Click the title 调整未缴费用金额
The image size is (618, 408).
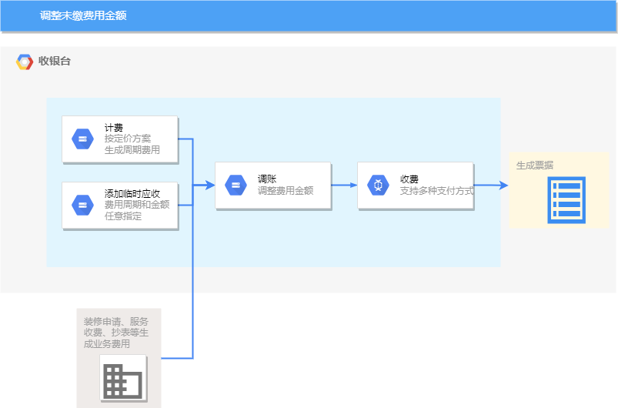(x=83, y=15)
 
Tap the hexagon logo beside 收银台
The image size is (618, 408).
(x=25, y=62)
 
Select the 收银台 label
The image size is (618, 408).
(x=55, y=61)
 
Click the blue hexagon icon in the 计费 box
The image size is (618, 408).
(x=82, y=139)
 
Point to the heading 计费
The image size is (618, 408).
(x=114, y=128)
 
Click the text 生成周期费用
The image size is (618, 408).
(x=132, y=150)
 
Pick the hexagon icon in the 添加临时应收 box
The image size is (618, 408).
(x=82, y=206)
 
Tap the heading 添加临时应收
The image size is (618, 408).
(x=132, y=194)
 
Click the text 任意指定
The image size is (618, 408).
(x=123, y=216)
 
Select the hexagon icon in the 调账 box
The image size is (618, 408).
(x=236, y=186)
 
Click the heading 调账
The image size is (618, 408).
(x=267, y=179)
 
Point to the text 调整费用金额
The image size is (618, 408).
(x=286, y=191)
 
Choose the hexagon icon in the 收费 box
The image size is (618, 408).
(x=378, y=186)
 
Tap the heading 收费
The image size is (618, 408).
(x=409, y=179)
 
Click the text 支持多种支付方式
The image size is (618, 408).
(x=436, y=191)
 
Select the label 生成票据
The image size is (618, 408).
(x=535, y=166)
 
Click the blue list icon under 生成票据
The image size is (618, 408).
(x=566, y=200)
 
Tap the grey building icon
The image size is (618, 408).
(x=123, y=380)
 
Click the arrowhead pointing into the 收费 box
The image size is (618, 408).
(x=353, y=186)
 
